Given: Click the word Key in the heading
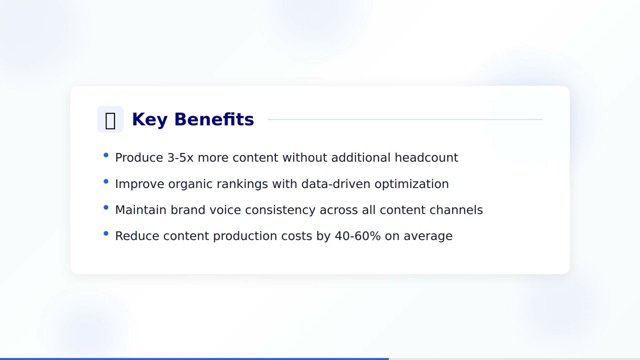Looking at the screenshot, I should click(149, 119).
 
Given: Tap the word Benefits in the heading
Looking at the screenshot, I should click(214, 119).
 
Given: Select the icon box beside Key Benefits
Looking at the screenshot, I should click(110, 119).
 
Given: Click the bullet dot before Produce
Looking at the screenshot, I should click(106, 155).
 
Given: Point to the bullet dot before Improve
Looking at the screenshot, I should click(106, 181).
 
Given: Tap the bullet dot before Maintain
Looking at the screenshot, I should click(106, 207).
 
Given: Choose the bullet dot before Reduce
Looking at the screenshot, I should click(106, 233).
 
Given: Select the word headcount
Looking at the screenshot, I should click(426, 157).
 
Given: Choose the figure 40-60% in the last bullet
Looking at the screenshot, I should click(357, 236).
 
